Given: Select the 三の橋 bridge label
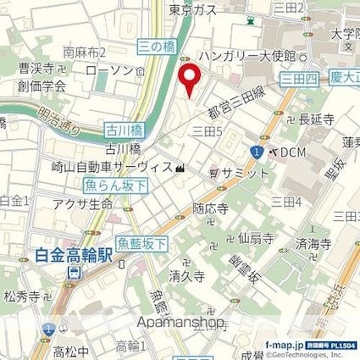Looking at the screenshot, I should click(x=156, y=47).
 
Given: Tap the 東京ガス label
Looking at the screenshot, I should click(x=192, y=9).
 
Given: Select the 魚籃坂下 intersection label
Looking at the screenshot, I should click(x=141, y=244).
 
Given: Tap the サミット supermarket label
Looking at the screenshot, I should click(x=245, y=173).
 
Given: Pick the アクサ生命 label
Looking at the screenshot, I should click(x=82, y=203).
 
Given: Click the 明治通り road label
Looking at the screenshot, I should click(x=60, y=130).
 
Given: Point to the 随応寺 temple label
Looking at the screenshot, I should click(x=209, y=208).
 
